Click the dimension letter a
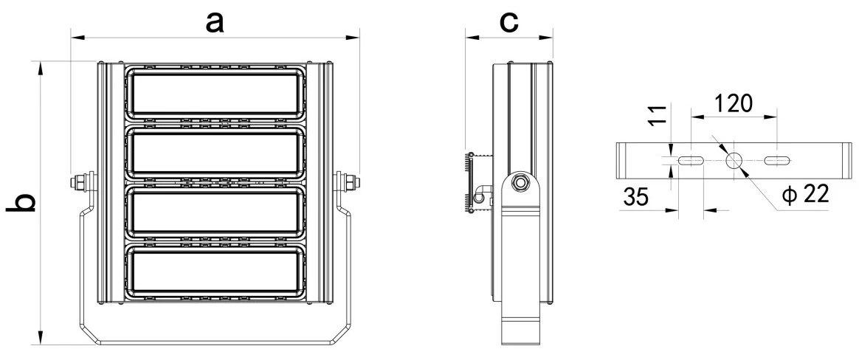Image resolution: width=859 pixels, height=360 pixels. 215,22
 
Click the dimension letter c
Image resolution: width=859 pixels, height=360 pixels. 509,22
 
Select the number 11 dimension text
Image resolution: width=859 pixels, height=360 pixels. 660,114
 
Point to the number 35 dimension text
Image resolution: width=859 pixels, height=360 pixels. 635,196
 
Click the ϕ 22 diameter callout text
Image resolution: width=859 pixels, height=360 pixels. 806,195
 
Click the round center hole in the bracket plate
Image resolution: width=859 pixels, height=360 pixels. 734,161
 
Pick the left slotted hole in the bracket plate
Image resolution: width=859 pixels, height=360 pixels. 691,161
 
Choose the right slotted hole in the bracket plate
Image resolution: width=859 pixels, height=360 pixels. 777,161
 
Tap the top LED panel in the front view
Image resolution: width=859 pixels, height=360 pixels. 214,94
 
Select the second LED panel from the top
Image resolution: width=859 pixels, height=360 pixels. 214,153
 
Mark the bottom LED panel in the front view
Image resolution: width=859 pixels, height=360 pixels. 214,272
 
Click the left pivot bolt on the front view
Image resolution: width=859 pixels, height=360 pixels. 82,181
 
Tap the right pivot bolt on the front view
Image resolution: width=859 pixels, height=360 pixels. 347,181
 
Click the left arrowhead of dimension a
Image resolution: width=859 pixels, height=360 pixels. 77,38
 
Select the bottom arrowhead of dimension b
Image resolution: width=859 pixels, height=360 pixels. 40,338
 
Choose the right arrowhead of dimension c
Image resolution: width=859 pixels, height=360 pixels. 545,38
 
